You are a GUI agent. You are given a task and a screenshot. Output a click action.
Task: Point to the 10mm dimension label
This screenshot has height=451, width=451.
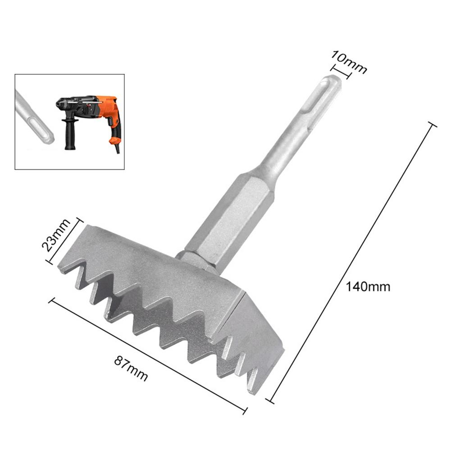(349, 62)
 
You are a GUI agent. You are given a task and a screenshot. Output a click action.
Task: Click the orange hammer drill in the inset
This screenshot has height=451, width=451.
(90, 113)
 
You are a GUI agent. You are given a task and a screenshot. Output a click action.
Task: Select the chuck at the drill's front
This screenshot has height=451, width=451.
(61, 104)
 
